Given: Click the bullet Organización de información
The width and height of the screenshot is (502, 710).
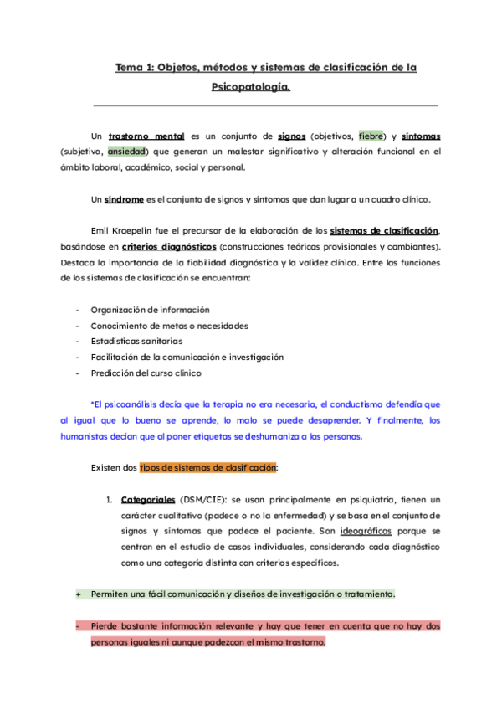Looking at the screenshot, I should coord(150,310).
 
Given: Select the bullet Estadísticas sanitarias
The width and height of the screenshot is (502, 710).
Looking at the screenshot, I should coord(136,342).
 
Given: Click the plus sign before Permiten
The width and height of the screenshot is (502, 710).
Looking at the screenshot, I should coord(78,594).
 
